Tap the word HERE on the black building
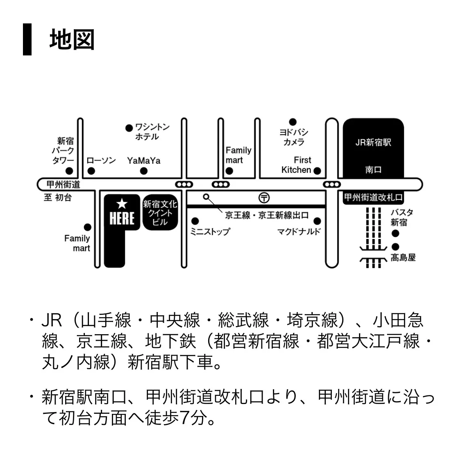coord(122,218)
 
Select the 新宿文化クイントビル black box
coord(160,213)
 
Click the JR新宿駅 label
coord(373,142)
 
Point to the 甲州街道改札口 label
coord(373,197)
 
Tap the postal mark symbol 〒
coord(264,197)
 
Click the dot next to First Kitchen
coord(317,171)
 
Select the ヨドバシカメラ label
coord(293,137)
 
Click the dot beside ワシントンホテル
coord(129,128)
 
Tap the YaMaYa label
coord(143,161)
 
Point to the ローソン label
coord(101,161)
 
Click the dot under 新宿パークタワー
coord(70,171)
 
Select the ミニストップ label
coord(210,232)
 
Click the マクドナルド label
coord(299,232)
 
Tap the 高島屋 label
coord(403,258)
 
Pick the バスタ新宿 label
coord(401,218)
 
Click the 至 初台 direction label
coord(58,198)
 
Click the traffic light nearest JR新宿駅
coord(332,184)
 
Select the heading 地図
coord(72,40)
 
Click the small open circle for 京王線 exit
coord(207,197)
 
